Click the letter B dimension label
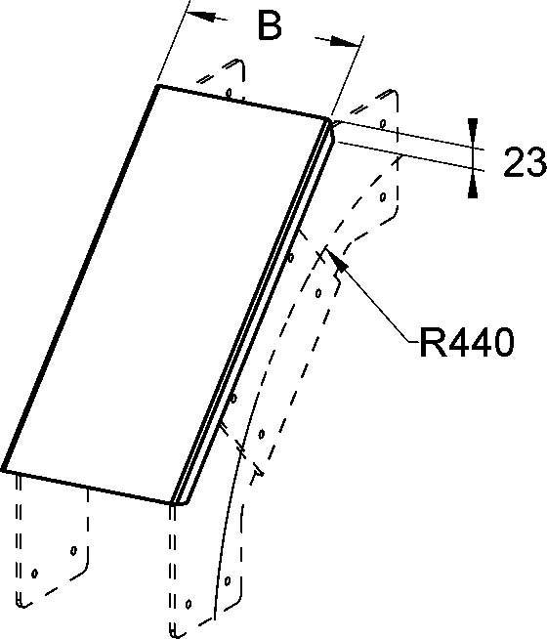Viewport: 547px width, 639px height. pyautogui.click(x=270, y=25)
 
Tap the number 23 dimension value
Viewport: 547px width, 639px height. pyautogui.click(x=525, y=162)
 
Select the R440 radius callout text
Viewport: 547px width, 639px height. pyautogui.click(x=467, y=342)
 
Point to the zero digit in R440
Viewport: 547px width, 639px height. pyautogui.click(x=503, y=342)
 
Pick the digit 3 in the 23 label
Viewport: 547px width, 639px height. pyautogui.click(x=536, y=162)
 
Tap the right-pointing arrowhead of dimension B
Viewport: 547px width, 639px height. pyautogui.click(x=343, y=41)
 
